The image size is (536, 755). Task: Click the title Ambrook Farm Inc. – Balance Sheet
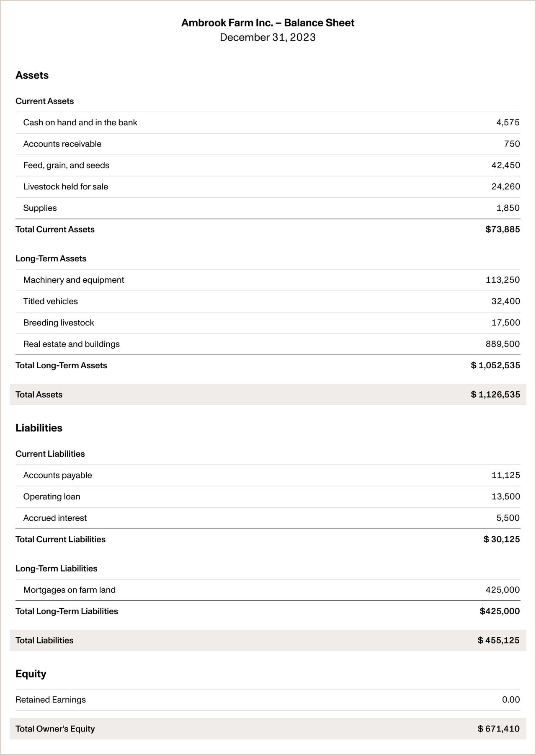click(268, 23)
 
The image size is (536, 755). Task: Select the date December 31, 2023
click(268, 37)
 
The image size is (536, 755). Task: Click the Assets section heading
click(32, 75)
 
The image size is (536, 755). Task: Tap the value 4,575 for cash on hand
click(508, 123)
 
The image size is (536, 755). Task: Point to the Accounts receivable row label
click(62, 144)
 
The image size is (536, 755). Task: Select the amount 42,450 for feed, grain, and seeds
click(505, 165)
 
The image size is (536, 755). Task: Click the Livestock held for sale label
click(66, 187)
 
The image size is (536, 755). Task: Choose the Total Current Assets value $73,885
click(502, 230)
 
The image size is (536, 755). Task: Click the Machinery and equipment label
click(74, 280)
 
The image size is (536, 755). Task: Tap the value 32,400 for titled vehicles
click(505, 301)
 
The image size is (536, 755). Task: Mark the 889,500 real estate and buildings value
click(502, 344)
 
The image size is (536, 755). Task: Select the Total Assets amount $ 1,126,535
click(495, 395)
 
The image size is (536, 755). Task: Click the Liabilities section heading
click(39, 428)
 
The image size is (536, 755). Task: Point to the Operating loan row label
click(52, 497)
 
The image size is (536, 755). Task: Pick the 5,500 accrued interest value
click(508, 518)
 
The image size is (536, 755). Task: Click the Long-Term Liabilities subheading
click(57, 569)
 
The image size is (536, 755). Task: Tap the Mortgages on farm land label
click(70, 590)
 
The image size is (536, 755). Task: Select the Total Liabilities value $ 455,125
click(498, 641)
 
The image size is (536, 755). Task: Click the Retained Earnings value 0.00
click(510, 700)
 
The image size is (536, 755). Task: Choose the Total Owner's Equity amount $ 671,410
click(498, 729)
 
